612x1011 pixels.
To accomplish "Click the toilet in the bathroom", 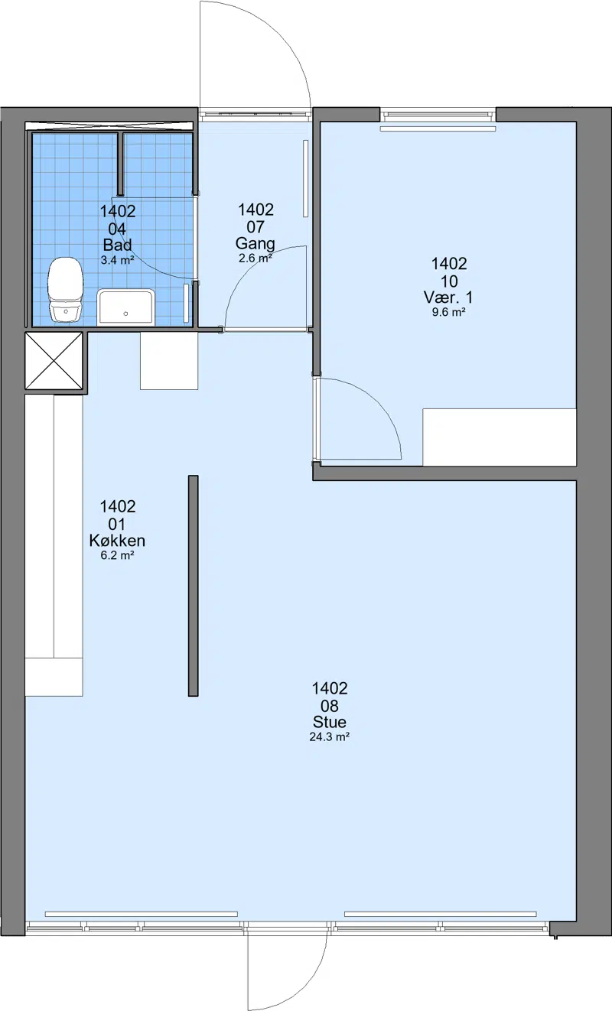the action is click(66, 289).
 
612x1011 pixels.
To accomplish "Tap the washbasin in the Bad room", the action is click(126, 307).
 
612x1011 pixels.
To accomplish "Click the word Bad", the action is click(117, 245).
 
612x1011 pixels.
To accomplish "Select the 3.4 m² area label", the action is click(117, 260).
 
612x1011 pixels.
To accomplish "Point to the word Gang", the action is click(255, 244).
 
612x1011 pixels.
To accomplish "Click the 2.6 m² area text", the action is click(255, 258).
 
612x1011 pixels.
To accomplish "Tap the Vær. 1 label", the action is click(448, 297).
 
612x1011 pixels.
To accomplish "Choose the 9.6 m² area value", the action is click(448, 312).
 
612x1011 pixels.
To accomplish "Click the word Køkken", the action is click(117, 541).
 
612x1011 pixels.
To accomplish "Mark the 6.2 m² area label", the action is click(117, 555).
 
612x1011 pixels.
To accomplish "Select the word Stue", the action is click(330, 722).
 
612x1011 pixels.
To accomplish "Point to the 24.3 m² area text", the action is click(330, 737).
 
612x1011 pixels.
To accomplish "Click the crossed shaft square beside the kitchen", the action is click(54, 361).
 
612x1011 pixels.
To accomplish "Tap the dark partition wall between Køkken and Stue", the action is click(194, 585).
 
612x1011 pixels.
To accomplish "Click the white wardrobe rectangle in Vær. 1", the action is click(500, 437).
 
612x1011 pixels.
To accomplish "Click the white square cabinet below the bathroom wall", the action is click(169, 361).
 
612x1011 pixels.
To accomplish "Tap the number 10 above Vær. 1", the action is click(449, 281).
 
